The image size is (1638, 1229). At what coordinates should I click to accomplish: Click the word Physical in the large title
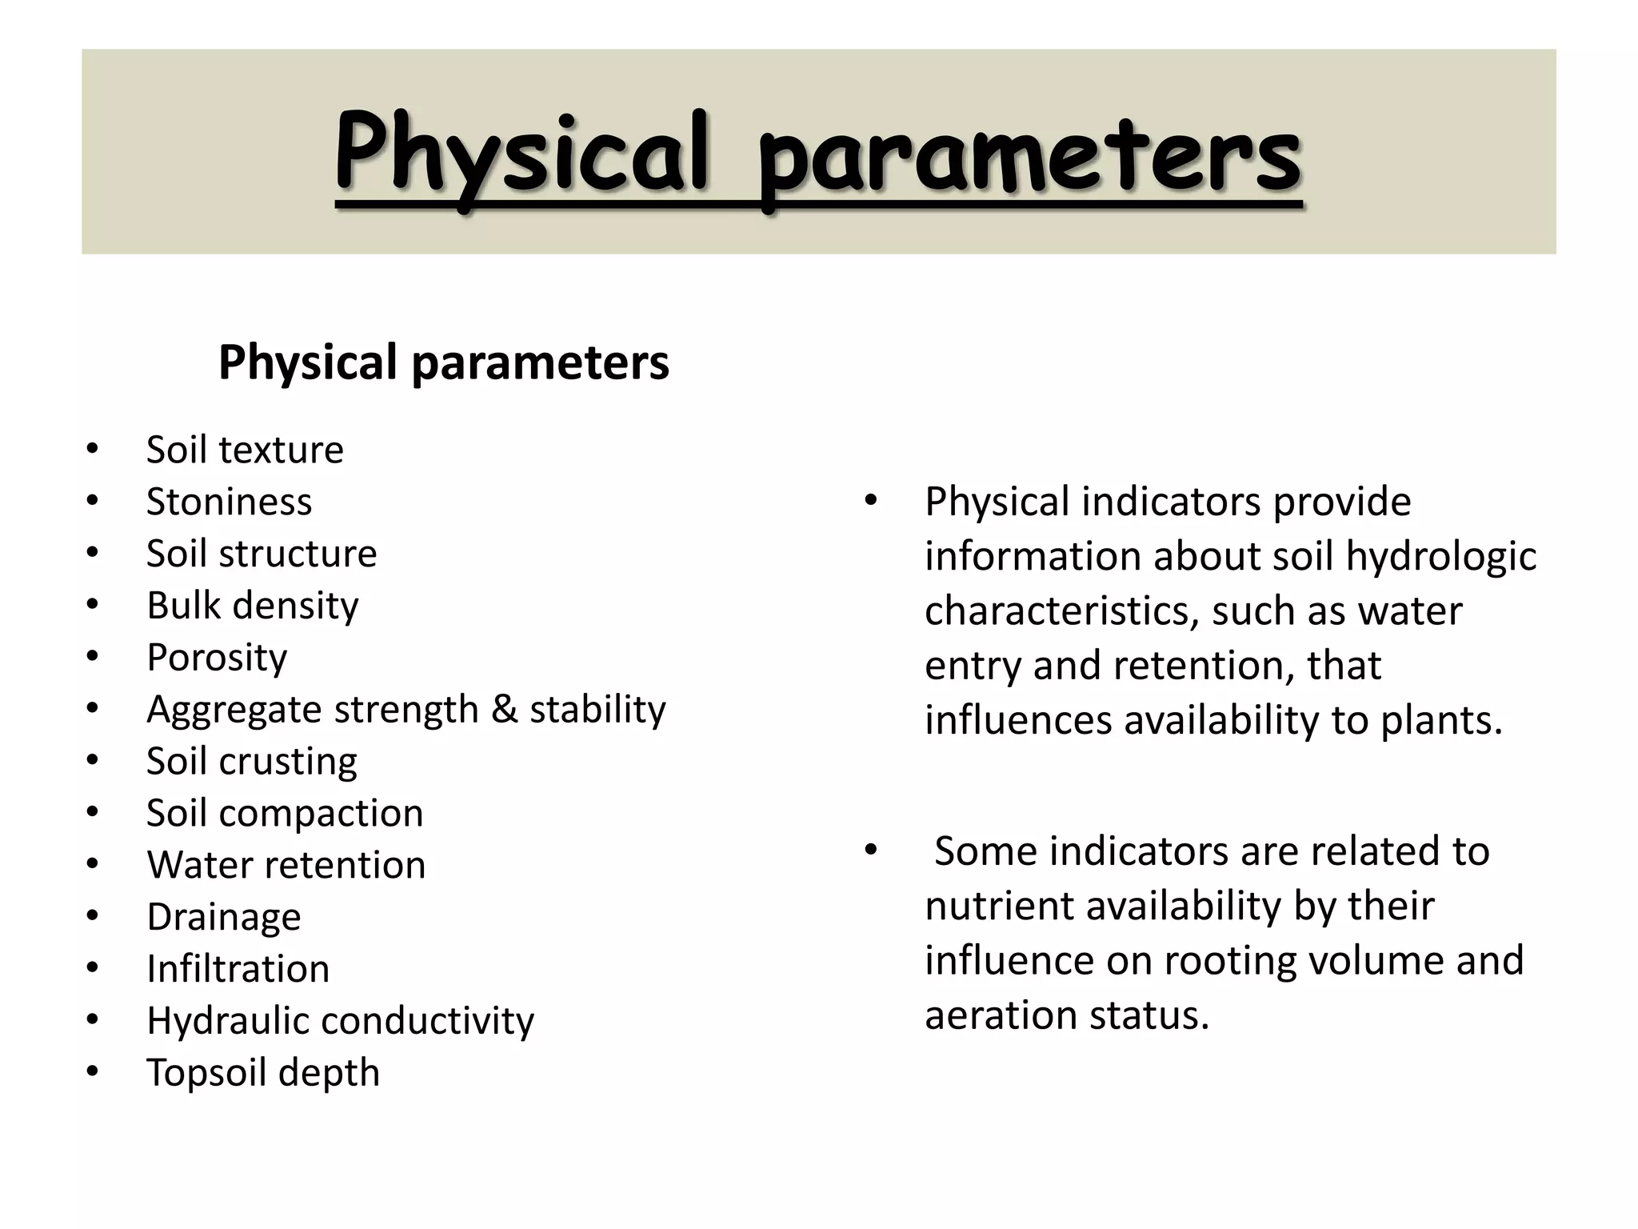click(x=521, y=154)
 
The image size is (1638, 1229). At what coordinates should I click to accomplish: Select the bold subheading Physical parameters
click(x=443, y=362)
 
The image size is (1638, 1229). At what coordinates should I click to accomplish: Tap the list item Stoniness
click(x=229, y=502)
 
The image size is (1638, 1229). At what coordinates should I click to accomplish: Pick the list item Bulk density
click(x=253, y=606)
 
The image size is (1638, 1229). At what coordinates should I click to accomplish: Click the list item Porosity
click(x=217, y=658)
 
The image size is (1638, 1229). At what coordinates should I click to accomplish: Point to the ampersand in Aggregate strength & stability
click(x=504, y=709)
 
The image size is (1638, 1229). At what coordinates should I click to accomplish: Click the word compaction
click(x=321, y=814)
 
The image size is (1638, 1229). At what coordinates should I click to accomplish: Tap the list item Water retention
click(x=286, y=865)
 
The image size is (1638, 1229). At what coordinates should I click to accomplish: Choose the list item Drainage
click(x=224, y=917)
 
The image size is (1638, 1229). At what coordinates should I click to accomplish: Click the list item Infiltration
click(x=238, y=969)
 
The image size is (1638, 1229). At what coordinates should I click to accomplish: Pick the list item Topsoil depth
click(x=263, y=1073)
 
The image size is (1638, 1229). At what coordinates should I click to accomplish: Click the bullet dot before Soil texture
click(x=93, y=449)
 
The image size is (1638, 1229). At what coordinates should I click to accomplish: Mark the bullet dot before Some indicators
click(x=871, y=850)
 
